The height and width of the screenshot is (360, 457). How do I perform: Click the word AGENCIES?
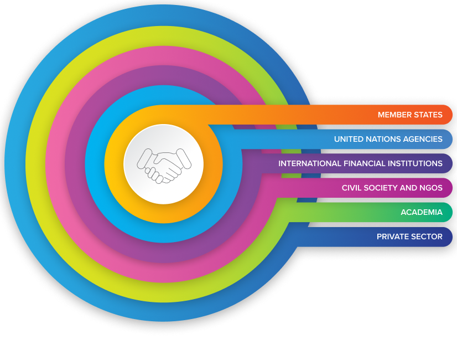click(424, 140)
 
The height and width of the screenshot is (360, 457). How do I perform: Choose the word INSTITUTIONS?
click(416, 164)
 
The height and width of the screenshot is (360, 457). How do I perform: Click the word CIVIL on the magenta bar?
click(352, 188)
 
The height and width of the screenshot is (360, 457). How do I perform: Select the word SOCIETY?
click(382, 188)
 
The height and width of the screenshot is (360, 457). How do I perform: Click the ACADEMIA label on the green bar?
click(422, 213)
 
